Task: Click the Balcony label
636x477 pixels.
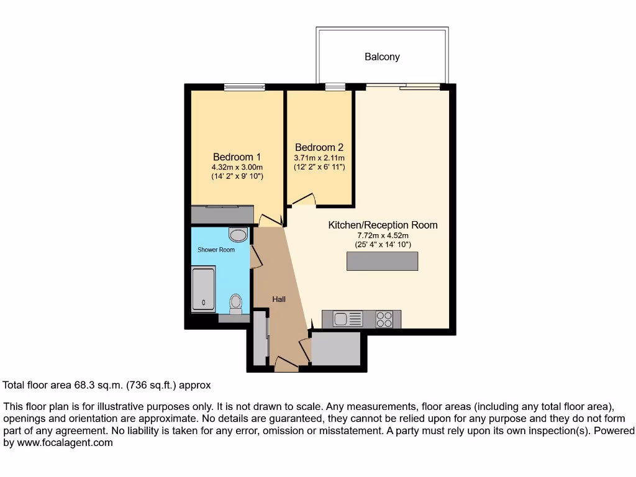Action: [x=382, y=57]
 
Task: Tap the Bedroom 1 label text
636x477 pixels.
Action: [x=237, y=157]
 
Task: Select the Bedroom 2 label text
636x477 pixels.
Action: [x=319, y=148]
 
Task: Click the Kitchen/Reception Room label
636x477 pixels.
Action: [x=383, y=225]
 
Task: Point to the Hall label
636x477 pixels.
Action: [x=279, y=299]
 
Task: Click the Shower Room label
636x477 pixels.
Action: [x=216, y=250]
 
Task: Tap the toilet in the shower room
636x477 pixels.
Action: [x=236, y=302]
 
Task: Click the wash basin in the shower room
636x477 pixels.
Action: [x=237, y=234]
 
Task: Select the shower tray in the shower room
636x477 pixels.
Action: [x=203, y=288]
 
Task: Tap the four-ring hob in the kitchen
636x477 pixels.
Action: [x=384, y=319]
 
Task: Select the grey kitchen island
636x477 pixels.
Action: [x=382, y=261]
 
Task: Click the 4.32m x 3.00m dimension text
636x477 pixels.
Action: [x=237, y=168]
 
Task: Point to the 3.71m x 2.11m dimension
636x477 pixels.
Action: [x=319, y=158]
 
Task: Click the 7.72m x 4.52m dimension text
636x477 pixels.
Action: [x=383, y=235]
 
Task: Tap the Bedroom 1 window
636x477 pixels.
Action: [x=244, y=87]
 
